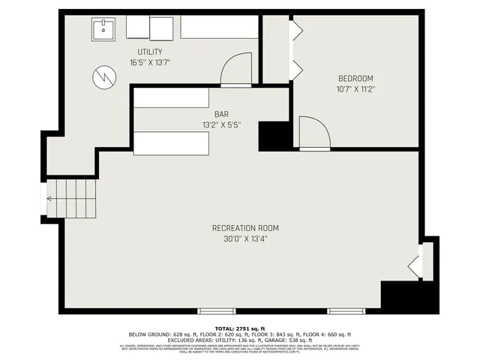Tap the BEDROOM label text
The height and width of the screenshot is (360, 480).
coord(355,78)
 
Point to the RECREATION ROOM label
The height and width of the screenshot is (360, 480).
coord(245,228)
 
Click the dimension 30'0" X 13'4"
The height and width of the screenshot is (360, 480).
coord(245,239)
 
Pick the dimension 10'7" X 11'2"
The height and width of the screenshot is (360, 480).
coord(355,89)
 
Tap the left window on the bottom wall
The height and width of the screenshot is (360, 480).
coord(217,310)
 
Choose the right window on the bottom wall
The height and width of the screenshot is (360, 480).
coord(346,310)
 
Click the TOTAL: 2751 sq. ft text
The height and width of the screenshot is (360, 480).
coord(239,328)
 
